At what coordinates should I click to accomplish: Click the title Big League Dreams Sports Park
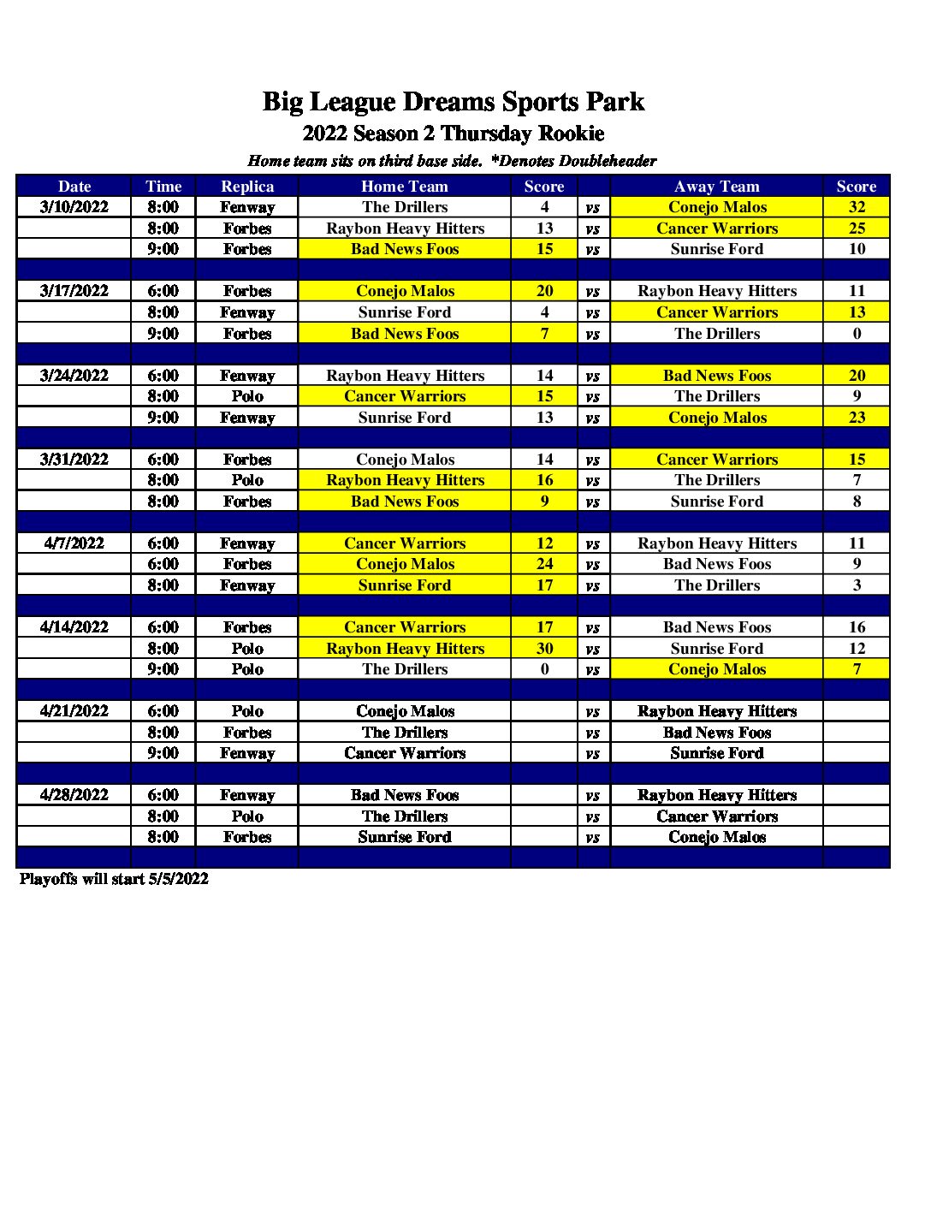click(x=453, y=102)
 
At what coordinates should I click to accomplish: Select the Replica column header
click(x=247, y=187)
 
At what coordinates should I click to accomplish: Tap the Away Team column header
click(x=716, y=187)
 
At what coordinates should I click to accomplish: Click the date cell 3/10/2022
click(x=74, y=207)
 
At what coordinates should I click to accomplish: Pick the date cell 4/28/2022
click(x=74, y=795)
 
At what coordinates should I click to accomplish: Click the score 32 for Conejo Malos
click(x=857, y=207)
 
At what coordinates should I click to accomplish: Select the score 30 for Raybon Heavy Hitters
click(x=544, y=649)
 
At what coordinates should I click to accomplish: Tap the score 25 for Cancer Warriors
click(x=857, y=229)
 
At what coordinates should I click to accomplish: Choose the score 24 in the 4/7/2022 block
click(x=544, y=564)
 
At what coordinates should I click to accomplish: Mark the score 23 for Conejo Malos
click(x=857, y=418)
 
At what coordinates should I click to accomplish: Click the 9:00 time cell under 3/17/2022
click(x=163, y=334)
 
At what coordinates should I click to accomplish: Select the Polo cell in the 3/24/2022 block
click(x=247, y=396)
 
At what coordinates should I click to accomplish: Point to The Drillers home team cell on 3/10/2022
click(x=405, y=207)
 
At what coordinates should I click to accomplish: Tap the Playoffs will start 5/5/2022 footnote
click(x=114, y=879)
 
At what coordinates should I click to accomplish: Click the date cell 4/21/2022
click(x=74, y=711)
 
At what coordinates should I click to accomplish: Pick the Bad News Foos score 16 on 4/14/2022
click(x=857, y=627)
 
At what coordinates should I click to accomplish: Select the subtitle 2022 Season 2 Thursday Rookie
click(x=453, y=134)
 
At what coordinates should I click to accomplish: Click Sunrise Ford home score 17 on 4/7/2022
click(x=544, y=585)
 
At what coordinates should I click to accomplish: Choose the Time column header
click(x=163, y=187)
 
